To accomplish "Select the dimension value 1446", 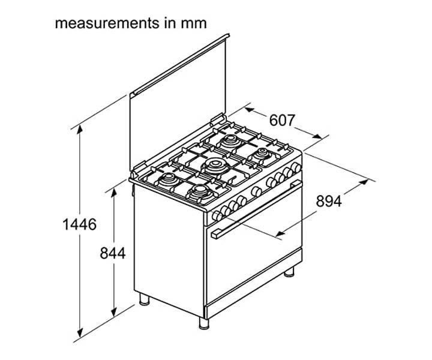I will pos(80,225).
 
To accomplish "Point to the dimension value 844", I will pos(112,254).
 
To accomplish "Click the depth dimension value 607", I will pos(281,121).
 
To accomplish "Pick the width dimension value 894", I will pos(329,202).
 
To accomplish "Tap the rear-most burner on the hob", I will pos(230,142).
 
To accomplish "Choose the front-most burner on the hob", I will pos(199,193).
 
